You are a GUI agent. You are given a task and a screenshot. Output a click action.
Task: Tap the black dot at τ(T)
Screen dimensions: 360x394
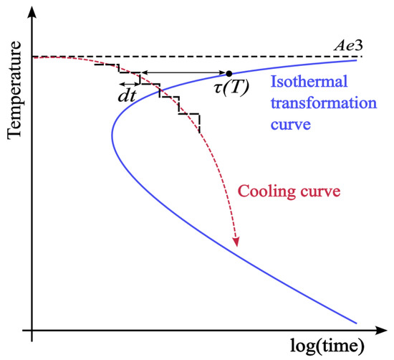click(229, 73)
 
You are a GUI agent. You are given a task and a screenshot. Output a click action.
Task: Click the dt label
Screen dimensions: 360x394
click(128, 93)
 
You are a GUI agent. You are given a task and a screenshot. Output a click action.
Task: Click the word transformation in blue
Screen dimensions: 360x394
click(309, 106)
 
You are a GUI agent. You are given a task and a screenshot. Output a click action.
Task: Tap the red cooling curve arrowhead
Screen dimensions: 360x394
click(234, 242)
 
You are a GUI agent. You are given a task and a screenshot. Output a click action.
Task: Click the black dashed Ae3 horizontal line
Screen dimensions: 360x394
click(215, 57)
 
